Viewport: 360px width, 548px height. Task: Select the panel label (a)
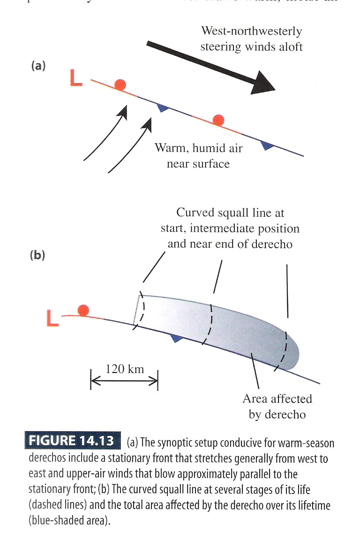pyautogui.click(x=38, y=66)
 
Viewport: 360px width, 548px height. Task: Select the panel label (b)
pyautogui.click(x=37, y=256)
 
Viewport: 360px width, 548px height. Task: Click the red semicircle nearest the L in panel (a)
pyautogui.click(x=120, y=84)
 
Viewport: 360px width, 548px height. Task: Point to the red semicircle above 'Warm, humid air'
pyautogui.click(x=217, y=120)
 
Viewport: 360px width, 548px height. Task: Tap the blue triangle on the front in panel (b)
pyautogui.click(x=176, y=337)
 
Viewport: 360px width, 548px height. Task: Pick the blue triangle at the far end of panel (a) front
pyautogui.click(x=267, y=146)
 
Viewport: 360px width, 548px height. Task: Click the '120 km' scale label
pyautogui.click(x=125, y=369)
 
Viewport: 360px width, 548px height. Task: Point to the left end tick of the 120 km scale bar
pyautogui.click(x=91, y=379)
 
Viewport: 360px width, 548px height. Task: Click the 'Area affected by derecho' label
pyautogui.click(x=277, y=406)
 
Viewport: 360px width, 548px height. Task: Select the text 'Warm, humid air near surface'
pyautogui.click(x=199, y=156)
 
